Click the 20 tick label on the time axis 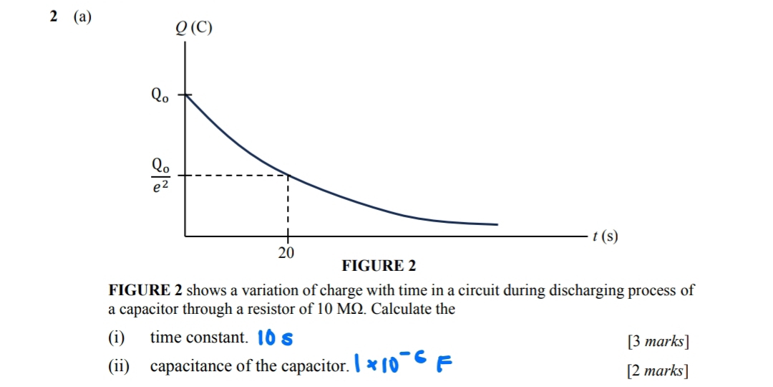(286, 252)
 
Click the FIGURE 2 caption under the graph (379, 267)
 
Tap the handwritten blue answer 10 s (275, 338)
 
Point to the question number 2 (54, 17)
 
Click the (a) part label (82, 17)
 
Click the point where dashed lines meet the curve (287, 174)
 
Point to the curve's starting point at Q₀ (186, 95)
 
